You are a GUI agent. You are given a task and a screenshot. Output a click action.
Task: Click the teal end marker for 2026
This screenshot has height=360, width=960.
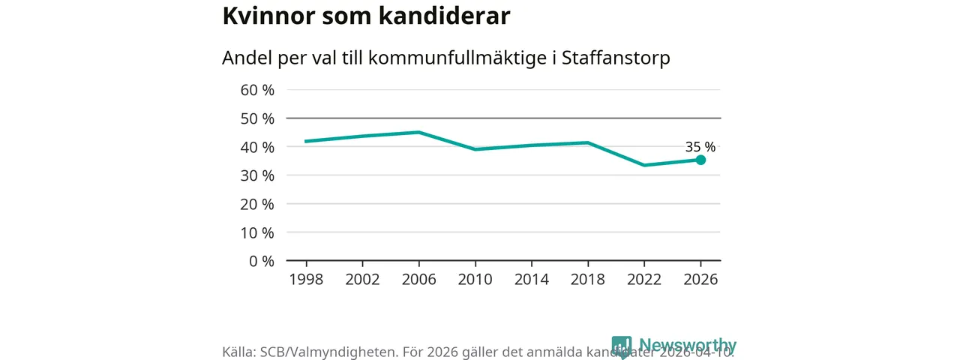click(700, 160)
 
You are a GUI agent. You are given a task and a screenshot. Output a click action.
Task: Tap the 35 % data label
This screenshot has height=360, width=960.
click(700, 147)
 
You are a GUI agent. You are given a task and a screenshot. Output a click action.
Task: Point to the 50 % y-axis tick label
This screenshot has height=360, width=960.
click(257, 118)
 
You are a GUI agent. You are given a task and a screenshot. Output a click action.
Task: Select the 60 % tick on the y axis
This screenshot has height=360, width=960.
click(257, 90)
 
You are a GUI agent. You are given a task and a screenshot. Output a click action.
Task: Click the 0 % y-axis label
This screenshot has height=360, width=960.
click(261, 261)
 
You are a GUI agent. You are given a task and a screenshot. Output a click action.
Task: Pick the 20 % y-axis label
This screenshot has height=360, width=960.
click(257, 204)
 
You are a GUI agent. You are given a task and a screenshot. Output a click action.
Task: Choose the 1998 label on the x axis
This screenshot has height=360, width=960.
click(306, 280)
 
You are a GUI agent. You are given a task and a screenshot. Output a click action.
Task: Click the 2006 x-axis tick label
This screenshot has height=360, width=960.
click(418, 280)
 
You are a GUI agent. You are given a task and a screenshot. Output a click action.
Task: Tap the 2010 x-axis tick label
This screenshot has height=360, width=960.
click(475, 280)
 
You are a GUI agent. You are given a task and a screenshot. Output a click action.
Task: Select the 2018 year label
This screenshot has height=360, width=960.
click(587, 280)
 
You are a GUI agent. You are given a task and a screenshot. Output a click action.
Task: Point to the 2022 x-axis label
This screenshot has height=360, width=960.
click(643, 280)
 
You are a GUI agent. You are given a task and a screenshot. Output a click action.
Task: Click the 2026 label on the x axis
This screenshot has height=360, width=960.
click(700, 280)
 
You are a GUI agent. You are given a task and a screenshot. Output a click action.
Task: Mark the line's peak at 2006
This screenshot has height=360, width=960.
click(418, 132)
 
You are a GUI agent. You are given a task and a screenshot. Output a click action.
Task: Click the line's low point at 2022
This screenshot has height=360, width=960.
click(643, 165)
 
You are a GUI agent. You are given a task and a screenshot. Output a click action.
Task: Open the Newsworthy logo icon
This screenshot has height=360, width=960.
click(622, 346)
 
